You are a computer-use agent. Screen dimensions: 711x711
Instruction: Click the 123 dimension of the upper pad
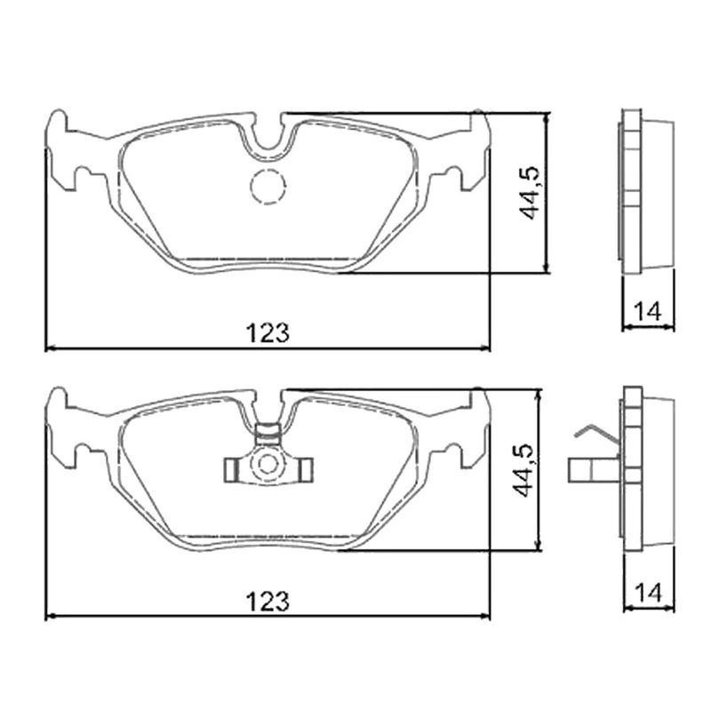tap(268, 333)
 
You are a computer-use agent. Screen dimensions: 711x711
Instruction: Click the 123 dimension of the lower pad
tap(268, 602)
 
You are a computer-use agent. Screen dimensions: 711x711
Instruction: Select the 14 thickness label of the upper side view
tap(647, 312)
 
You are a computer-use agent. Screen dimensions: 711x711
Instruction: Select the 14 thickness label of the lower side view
tap(648, 593)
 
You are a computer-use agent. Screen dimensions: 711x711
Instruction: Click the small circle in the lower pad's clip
tap(268, 464)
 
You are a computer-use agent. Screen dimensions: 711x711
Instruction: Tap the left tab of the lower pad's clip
tap(232, 470)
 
